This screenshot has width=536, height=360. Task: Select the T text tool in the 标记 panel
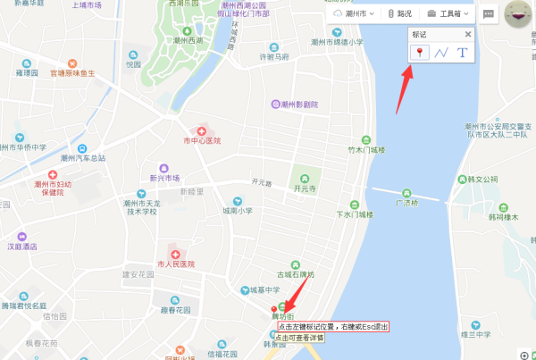(462, 53)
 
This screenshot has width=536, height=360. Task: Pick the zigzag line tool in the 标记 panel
(441, 53)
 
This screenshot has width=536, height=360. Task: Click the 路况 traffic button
(399, 14)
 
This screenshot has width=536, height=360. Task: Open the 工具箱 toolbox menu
(449, 14)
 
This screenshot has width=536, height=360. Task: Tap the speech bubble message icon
(489, 14)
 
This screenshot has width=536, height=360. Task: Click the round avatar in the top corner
(517, 15)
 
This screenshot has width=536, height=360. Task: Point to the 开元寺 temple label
(306, 188)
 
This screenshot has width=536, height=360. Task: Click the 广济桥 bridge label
(408, 203)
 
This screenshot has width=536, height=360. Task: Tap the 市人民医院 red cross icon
(163, 252)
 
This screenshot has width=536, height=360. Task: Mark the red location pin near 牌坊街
(274, 310)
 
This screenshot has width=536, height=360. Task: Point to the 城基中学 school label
(265, 289)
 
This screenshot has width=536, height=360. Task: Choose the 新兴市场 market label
(164, 178)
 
